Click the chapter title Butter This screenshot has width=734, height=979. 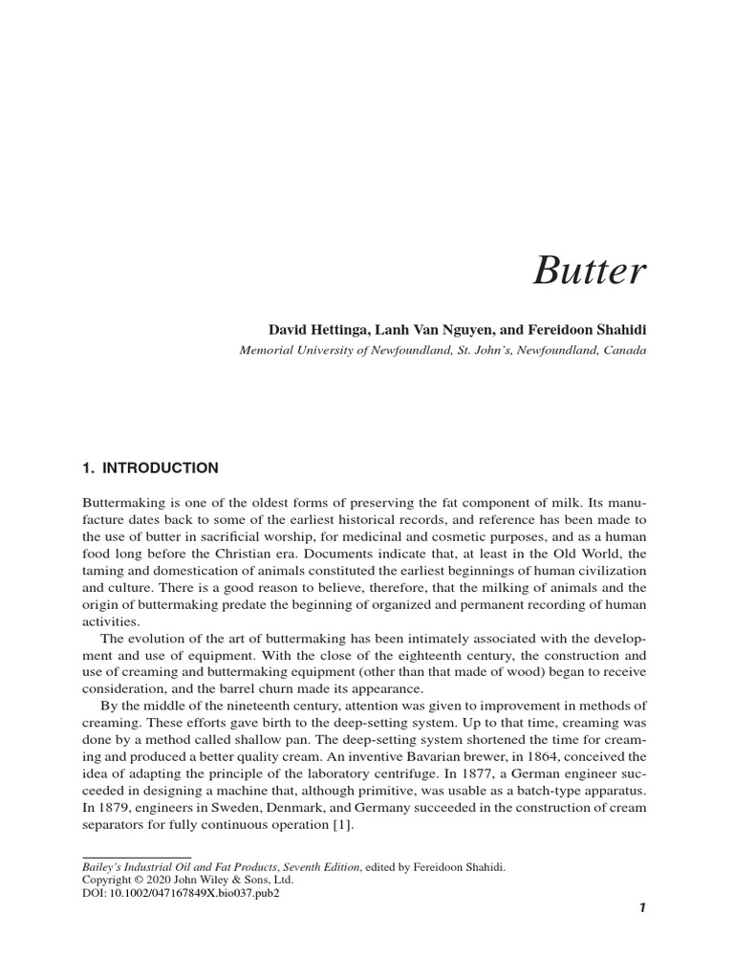pos(589,272)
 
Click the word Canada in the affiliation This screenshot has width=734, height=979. pos(623,350)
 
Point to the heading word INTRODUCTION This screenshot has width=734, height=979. pos(158,468)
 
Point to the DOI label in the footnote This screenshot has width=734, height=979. pos(94,892)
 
